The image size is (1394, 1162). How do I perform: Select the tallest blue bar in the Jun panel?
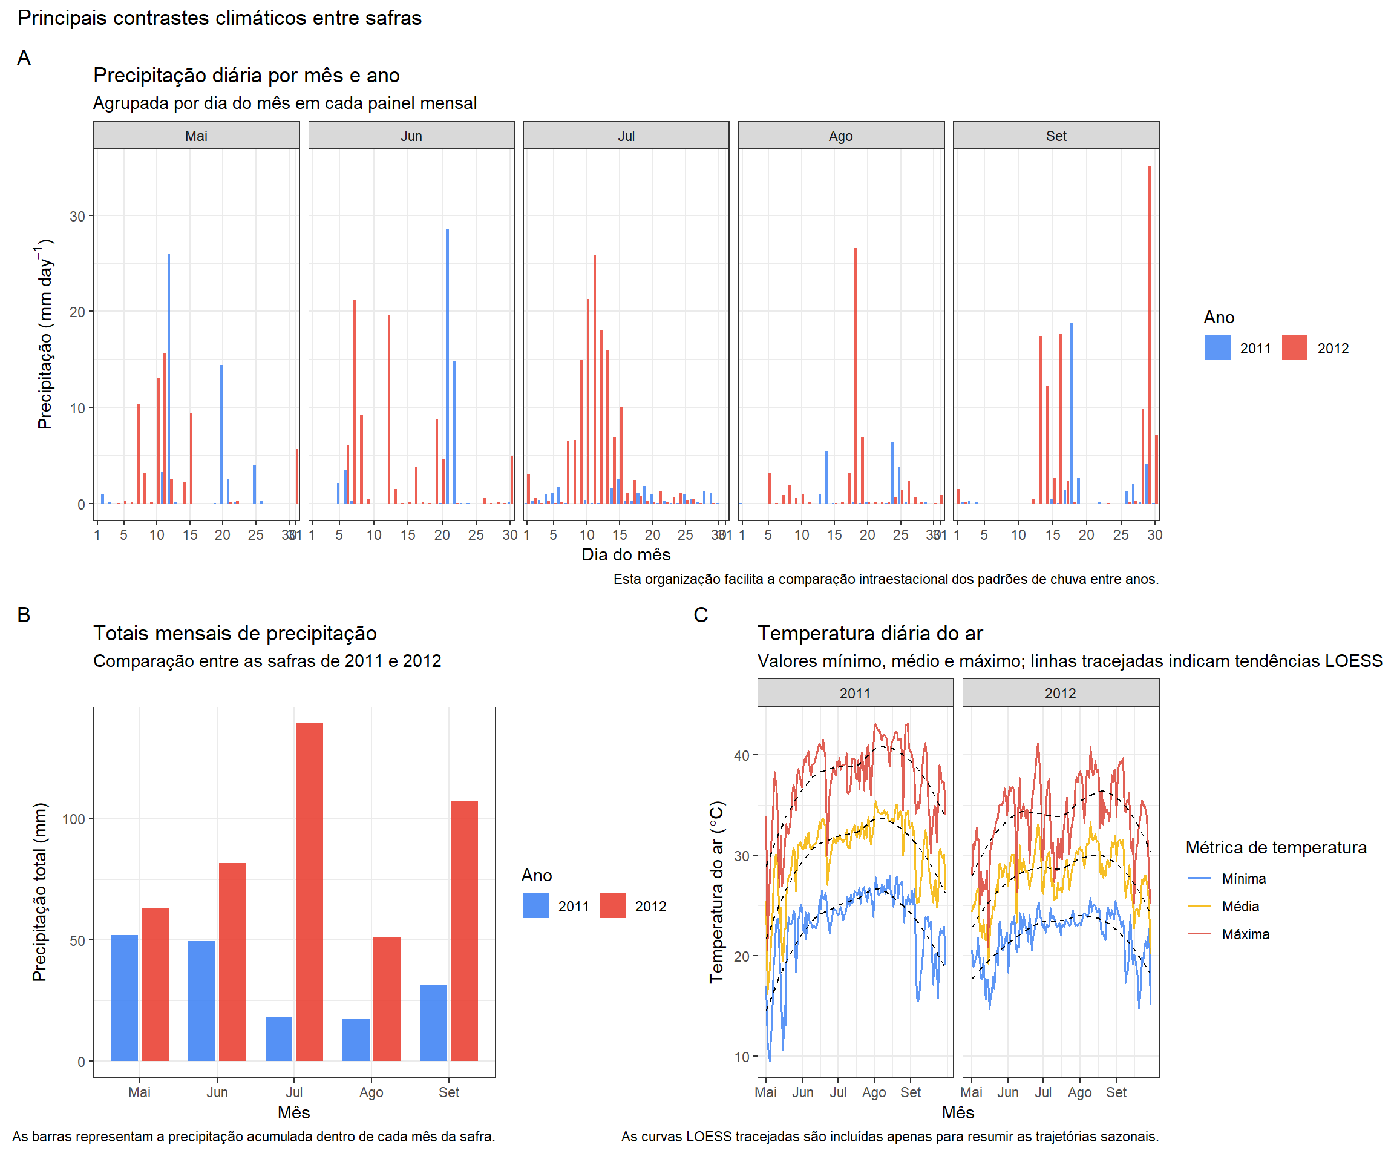[447, 365]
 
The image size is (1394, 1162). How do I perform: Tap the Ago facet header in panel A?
[840, 136]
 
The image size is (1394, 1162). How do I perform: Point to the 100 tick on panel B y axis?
[74, 819]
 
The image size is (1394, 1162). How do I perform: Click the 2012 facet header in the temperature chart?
[1059, 693]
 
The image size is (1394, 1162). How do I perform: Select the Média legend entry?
[1239, 907]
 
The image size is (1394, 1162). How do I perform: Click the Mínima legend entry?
[1243, 879]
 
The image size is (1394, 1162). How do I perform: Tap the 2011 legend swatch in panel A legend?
[1217, 348]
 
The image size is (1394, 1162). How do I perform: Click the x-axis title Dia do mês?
[626, 554]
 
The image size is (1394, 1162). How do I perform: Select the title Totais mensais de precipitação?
[235, 633]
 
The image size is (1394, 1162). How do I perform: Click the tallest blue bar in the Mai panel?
[169, 378]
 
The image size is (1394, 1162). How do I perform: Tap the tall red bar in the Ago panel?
[856, 375]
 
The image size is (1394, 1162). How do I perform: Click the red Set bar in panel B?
[464, 930]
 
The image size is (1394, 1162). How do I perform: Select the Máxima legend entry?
[1245, 934]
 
